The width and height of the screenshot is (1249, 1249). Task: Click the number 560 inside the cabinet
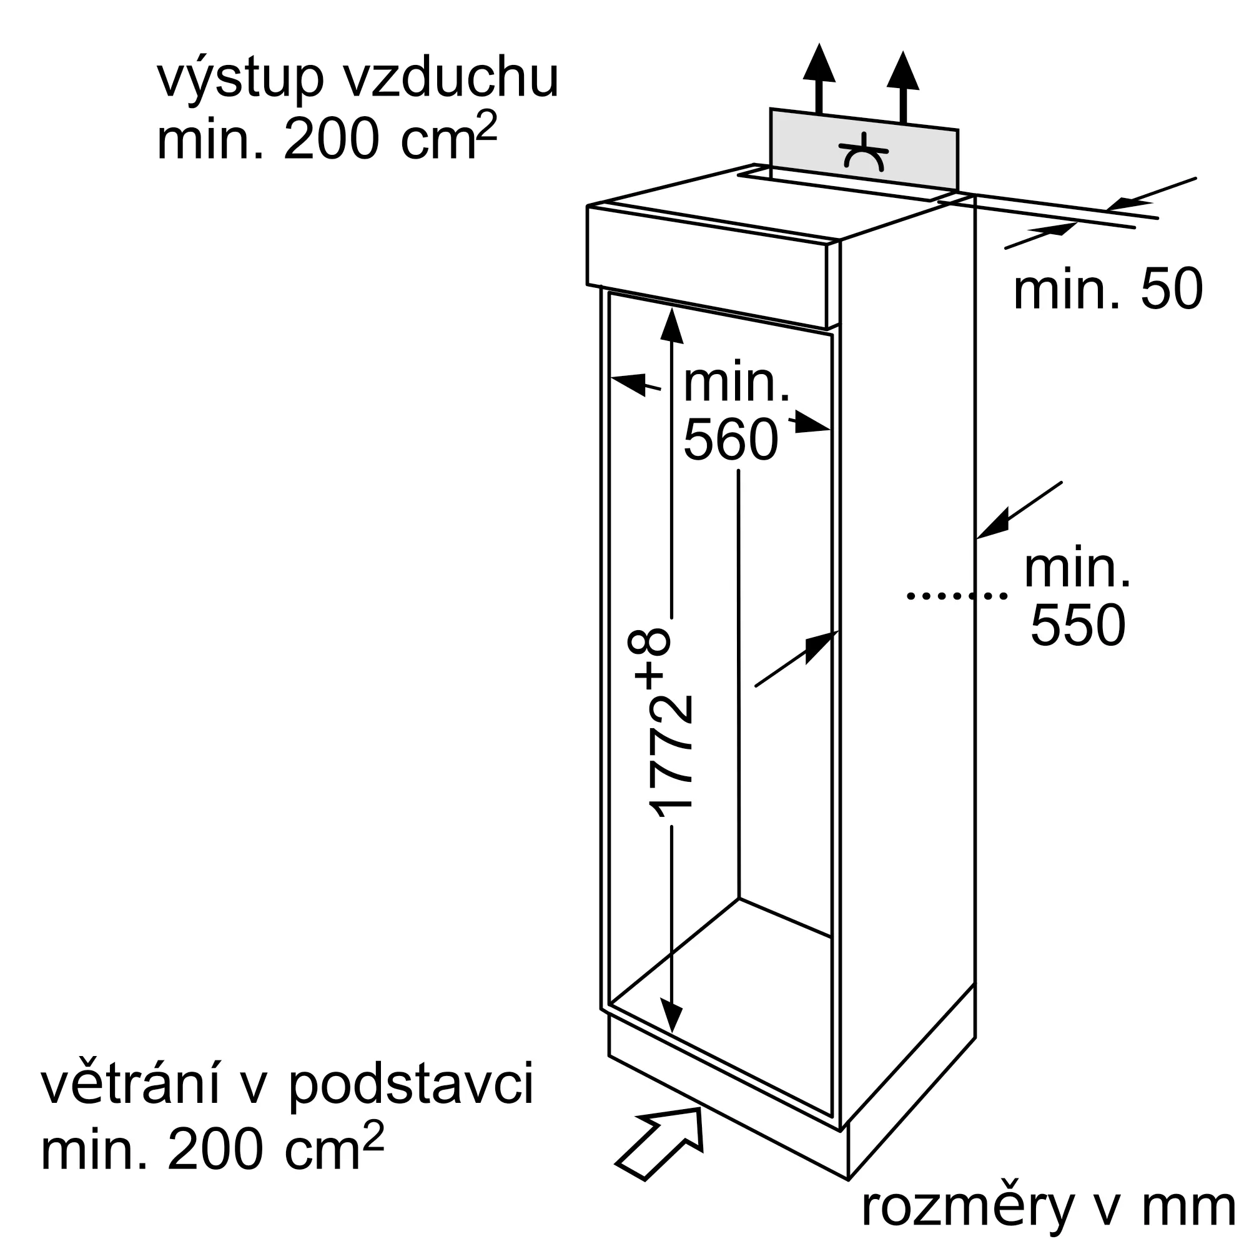pyautogui.click(x=731, y=440)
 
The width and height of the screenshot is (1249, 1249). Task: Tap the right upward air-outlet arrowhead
pyautogui.click(x=903, y=71)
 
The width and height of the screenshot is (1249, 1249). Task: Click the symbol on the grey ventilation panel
pyautogui.click(x=864, y=152)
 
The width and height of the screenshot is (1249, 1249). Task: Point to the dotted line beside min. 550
pyautogui.click(x=957, y=595)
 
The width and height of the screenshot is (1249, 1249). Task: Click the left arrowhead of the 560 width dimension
pyautogui.click(x=628, y=383)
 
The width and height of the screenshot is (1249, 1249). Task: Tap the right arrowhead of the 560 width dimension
pyautogui.click(x=812, y=423)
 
